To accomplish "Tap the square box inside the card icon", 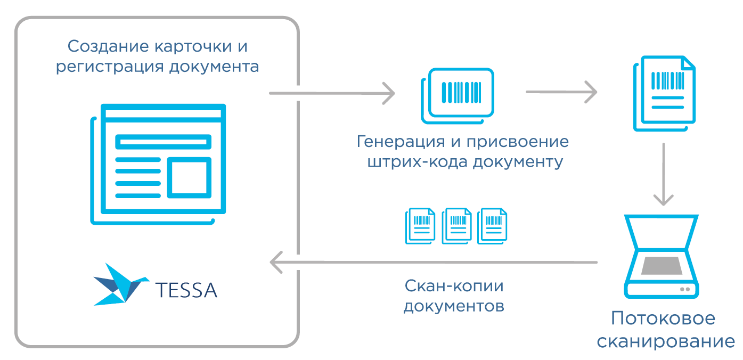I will point(190,177).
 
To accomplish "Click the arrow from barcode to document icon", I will point(561,92).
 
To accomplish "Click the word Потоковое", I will point(663,319).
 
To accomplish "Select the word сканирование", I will point(666,340).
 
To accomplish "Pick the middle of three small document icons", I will point(456,226).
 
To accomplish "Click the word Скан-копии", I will point(454,286).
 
